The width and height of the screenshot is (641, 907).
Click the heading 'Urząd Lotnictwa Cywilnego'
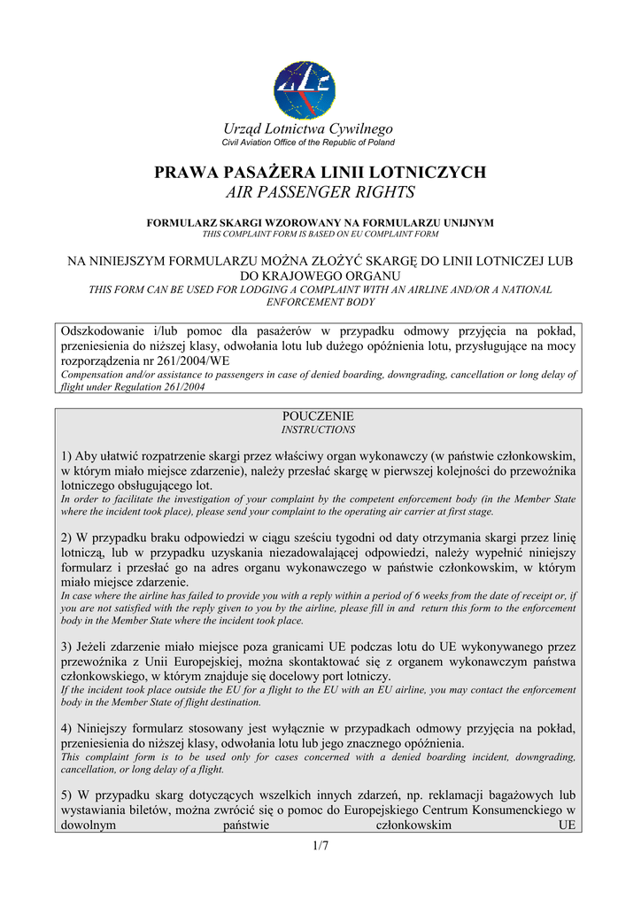(x=308, y=130)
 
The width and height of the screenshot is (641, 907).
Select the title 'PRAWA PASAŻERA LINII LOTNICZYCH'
(x=320, y=172)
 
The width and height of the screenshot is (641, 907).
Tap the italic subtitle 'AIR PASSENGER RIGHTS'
(x=320, y=192)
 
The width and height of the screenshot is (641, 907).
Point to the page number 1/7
(x=320, y=847)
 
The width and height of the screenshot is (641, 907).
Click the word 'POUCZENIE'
(x=318, y=415)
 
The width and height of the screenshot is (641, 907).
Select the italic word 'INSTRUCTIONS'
(x=318, y=430)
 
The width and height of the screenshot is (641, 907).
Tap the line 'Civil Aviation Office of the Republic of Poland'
(x=308, y=143)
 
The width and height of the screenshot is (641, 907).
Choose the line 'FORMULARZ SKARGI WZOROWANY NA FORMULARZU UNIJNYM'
(x=320, y=223)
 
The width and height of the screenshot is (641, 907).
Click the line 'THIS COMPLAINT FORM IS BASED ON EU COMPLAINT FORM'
(x=320, y=234)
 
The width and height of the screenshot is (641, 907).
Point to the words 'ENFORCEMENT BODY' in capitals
(x=320, y=302)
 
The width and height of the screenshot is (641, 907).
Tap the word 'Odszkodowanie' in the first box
(x=103, y=330)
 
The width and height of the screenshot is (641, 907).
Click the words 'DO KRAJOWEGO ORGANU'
(x=320, y=276)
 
